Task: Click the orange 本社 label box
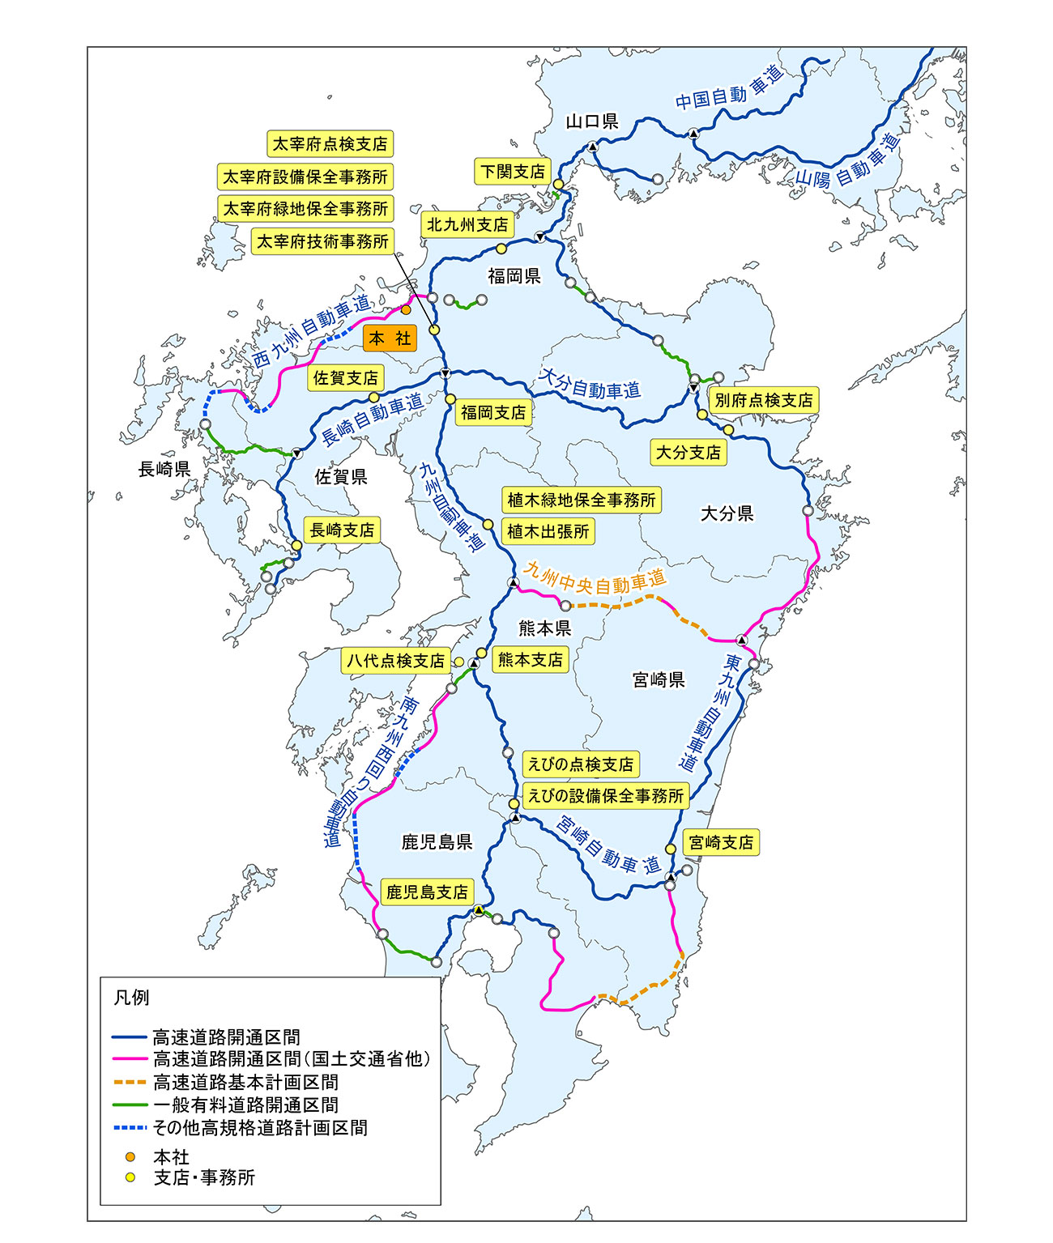point(390,338)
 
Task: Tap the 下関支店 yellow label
point(513,172)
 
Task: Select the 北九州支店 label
point(467,224)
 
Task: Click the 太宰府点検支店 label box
point(330,144)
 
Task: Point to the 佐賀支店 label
point(345,378)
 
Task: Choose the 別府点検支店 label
point(763,400)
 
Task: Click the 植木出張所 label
point(548,531)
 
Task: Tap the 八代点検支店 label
point(395,661)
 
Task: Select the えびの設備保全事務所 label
point(606,796)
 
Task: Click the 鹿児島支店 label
point(427,892)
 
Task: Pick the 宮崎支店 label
point(721,842)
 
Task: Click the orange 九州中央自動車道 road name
point(595,578)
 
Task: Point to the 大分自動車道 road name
point(590,385)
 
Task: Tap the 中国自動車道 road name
point(729,89)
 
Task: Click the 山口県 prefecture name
point(592,121)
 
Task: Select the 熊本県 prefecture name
point(544,628)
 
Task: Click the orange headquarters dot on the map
point(407,309)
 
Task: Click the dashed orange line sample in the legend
point(129,1082)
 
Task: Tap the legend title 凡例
point(131,998)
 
